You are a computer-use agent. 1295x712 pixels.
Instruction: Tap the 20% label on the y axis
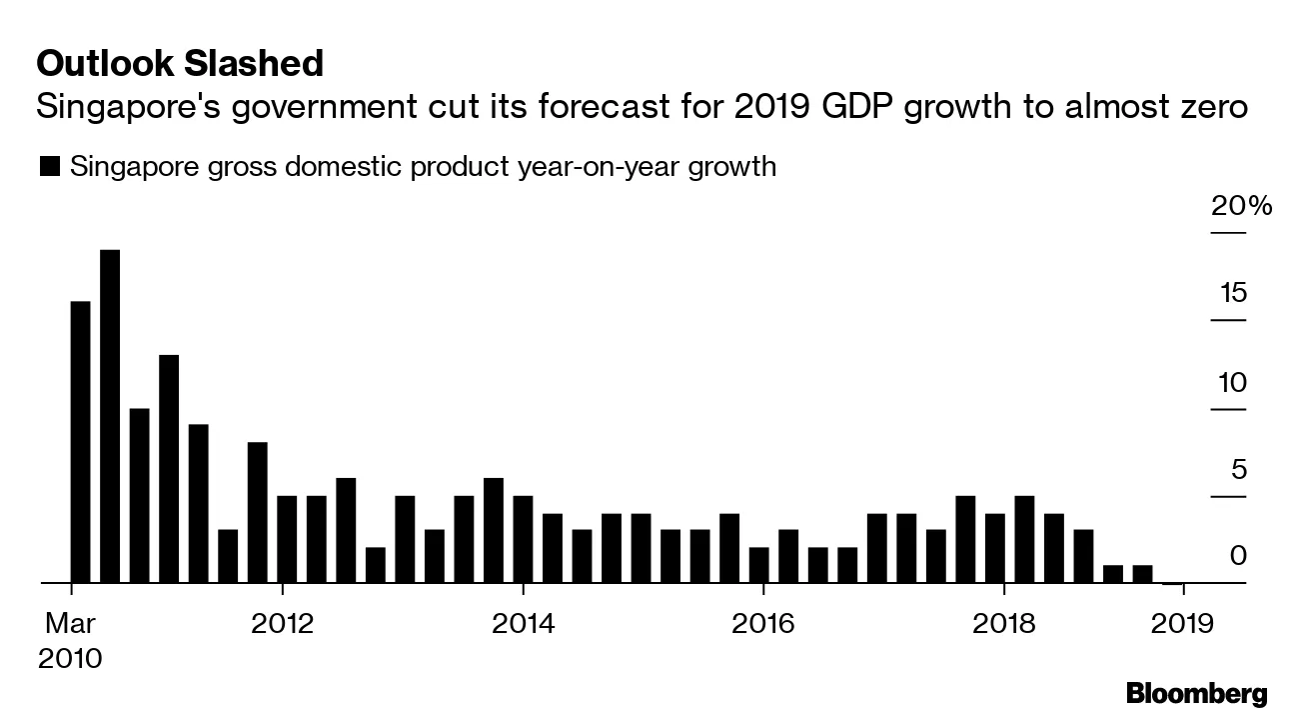pos(1242,207)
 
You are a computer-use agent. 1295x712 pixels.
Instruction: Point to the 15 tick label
pos(1233,294)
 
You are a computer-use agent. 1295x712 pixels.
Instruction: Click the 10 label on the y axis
pos(1232,383)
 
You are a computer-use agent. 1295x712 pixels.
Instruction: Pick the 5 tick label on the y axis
pos(1239,470)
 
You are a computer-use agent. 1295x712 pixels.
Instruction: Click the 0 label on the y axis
pos(1239,556)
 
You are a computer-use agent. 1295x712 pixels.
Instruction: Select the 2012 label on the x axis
pos(283,623)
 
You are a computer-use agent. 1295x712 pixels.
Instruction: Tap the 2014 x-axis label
pos(522,623)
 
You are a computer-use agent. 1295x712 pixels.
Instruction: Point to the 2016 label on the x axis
pos(762,623)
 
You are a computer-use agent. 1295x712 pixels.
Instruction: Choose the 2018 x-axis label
pos(1003,623)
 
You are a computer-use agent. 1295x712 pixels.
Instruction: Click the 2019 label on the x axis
pos(1183,623)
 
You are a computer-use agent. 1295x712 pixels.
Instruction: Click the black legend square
pos(48,167)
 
